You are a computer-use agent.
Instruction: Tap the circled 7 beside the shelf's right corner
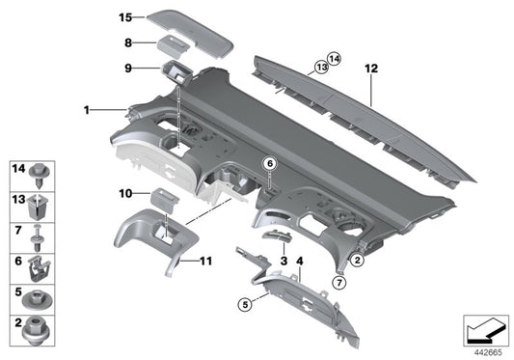[x=338, y=282]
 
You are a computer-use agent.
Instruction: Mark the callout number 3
[x=284, y=262]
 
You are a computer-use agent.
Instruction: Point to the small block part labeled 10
[x=164, y=198]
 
